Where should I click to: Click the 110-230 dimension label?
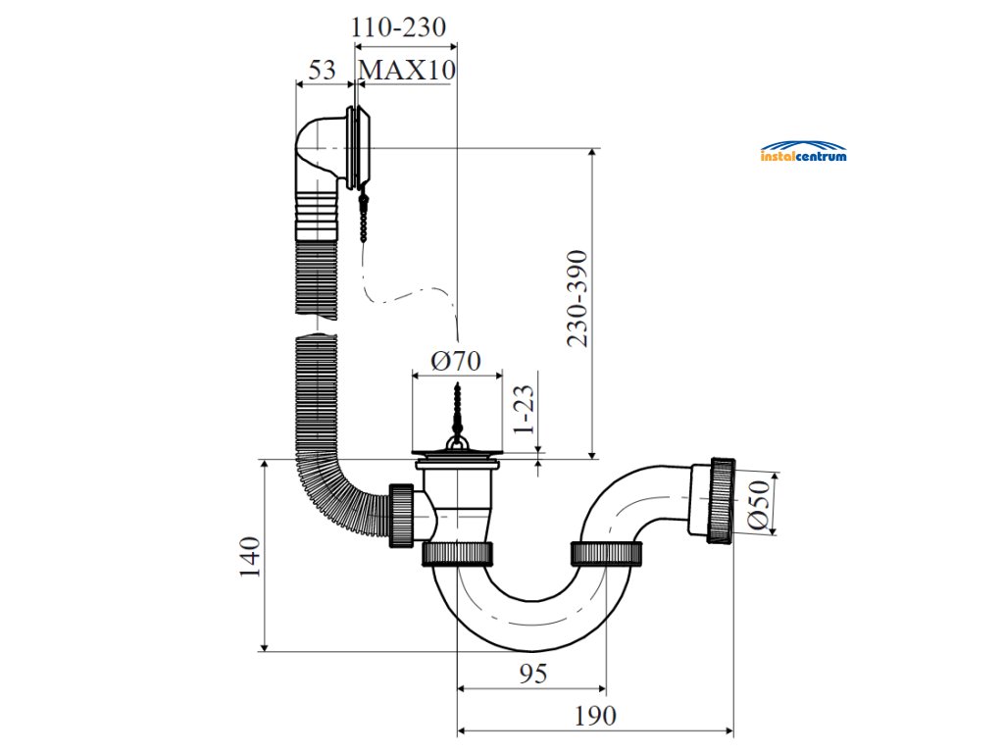coord(399,26)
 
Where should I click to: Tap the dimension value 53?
coord(322,71)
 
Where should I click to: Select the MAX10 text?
coord(407,71)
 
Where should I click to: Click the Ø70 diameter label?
coord(456,361)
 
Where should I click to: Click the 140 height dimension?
coord(250,556)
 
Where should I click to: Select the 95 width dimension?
coord(531,674)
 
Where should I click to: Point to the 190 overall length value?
coord(595,717)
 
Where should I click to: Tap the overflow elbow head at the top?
coord(333,149)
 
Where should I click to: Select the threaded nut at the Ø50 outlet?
coord(721,498)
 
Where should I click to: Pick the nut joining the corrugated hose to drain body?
coord(402,514)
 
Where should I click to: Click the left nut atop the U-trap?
coord(457,553)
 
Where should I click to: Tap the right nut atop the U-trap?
coord(608,553)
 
